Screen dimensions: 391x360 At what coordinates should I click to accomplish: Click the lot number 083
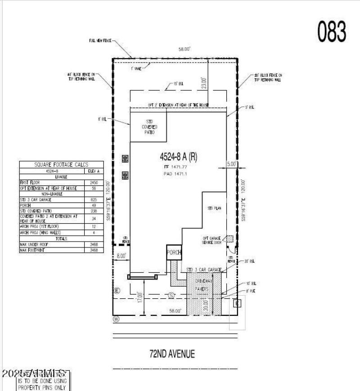coord(332,32)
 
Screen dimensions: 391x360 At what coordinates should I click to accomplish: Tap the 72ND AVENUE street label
coord(172,354)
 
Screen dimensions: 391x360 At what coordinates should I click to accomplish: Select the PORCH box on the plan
coord(173,253)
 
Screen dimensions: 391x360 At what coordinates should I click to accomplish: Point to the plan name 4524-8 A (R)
coord(178,157)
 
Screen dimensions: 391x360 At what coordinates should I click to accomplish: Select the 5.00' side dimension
coord(231,165)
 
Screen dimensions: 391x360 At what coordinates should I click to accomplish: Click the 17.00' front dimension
coord(141,297)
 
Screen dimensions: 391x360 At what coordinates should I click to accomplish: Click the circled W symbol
coord(116,319)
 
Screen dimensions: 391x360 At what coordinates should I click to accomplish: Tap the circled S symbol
coord(171,295)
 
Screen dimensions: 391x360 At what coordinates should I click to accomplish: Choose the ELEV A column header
coord(94,171)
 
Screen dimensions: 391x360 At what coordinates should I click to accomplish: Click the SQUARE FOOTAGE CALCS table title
coord(61,165)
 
